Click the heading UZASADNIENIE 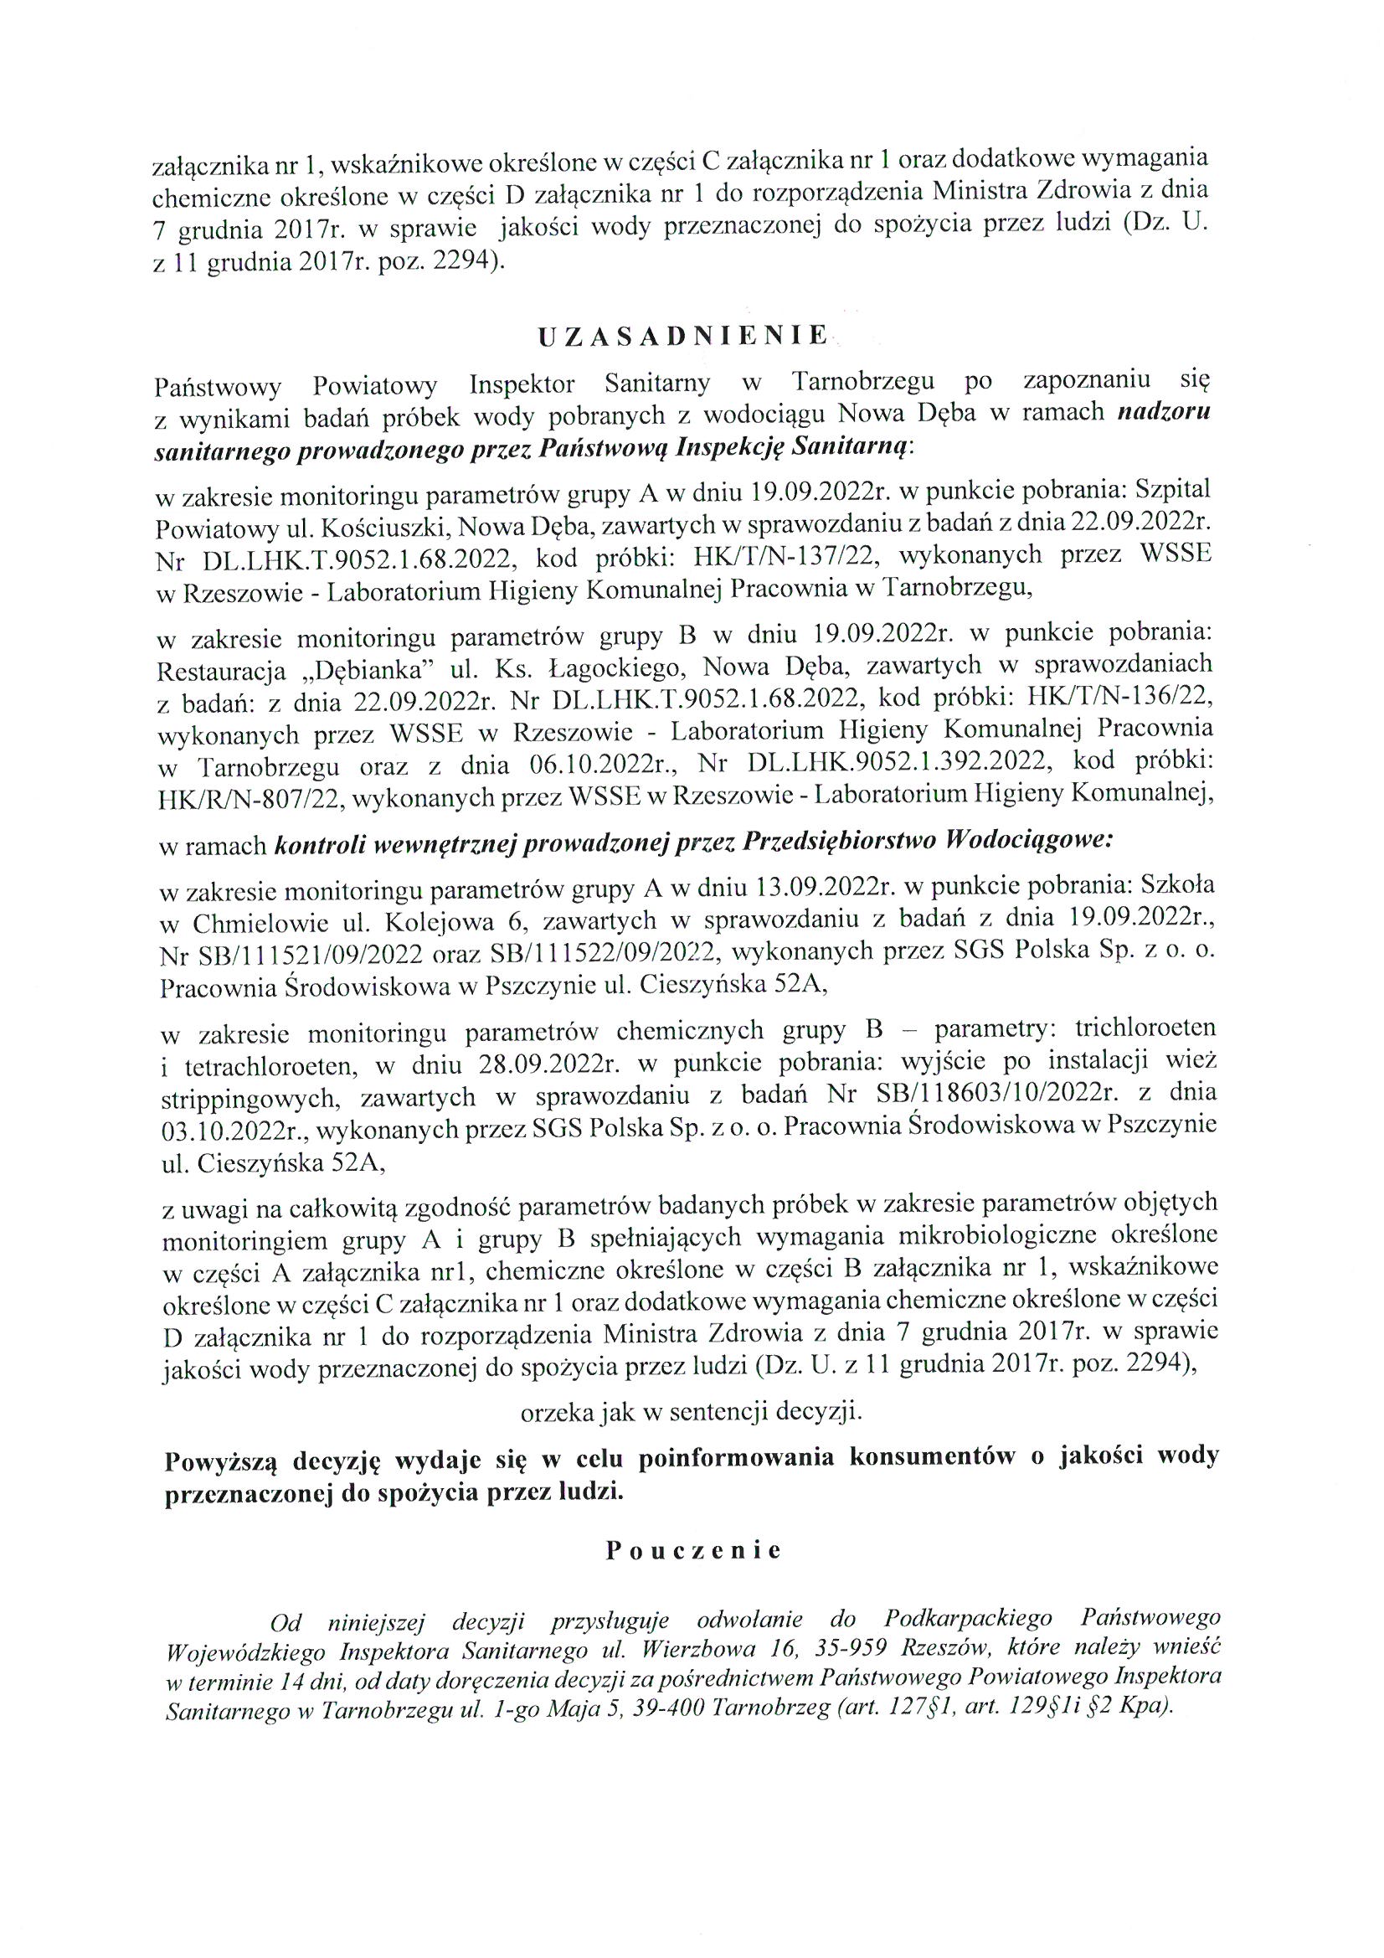tap(682, 336)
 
